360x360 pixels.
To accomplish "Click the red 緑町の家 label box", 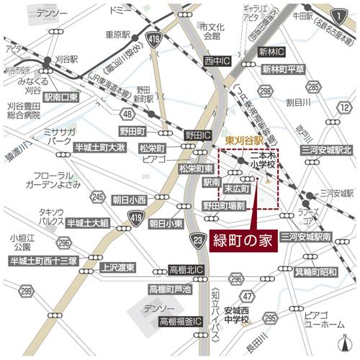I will pyautogui.click(x=245, y=241).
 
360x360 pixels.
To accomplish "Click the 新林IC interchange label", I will pyautogui.click(x=272, y=53).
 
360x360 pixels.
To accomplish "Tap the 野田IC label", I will pyautogui.click(x=197, y=135).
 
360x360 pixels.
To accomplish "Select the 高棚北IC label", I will pyautogui.click(x=186, y=270).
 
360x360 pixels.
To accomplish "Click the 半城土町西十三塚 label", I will pyautogui.click(x=43, y=261).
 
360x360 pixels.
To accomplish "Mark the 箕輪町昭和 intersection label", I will pyautogui.click(x=315, y=272).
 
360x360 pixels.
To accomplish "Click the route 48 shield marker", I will pyautogui.click(x=127, y=114).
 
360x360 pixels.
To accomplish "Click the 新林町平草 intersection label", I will pyautogui.click(x=283, y=69).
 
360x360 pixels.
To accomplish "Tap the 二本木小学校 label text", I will pyautogui.click(x=264, y=159).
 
